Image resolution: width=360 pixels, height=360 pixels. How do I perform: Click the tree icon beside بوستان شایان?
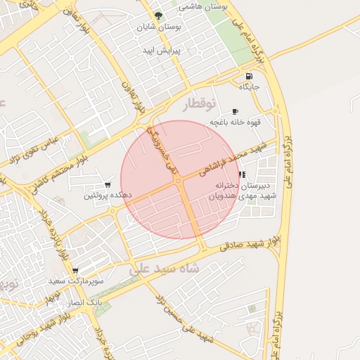pos(158,15)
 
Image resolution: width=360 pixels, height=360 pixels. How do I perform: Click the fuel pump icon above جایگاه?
pos(249,76)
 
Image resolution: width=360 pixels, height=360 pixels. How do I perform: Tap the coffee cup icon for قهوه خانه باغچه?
pos(235,111)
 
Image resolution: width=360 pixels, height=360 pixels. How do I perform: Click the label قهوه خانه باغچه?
pos(235,122)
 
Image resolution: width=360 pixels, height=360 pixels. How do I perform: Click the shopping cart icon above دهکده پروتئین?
pos(108,184)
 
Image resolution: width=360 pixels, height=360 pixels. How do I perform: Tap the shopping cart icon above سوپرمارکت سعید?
pos(75,270)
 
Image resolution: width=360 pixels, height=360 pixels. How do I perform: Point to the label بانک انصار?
pos(82,302)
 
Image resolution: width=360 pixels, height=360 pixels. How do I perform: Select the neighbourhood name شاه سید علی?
pos(165,268)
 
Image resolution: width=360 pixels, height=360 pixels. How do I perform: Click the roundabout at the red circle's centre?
pos(179,181)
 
